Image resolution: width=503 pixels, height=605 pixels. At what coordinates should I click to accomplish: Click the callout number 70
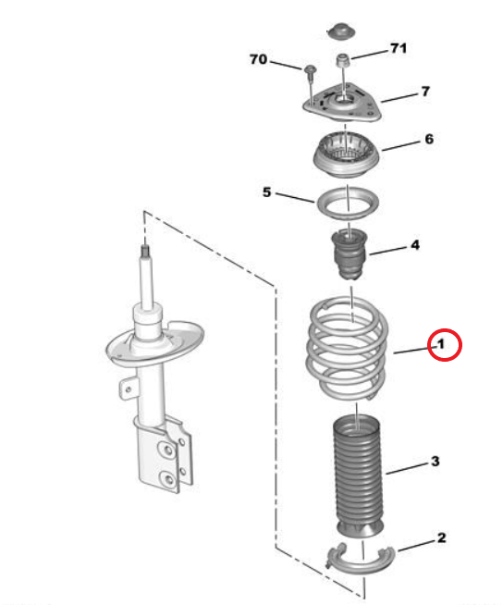(x=259, y=59)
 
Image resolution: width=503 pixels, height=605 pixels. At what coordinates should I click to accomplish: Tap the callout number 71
(x=399, y=48)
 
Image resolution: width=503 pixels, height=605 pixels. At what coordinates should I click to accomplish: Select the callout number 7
(x=425, y=92)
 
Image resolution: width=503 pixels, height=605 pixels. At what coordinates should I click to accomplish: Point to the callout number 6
(x=429, y=139)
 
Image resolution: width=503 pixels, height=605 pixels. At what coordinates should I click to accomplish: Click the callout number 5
(x=267, y=192)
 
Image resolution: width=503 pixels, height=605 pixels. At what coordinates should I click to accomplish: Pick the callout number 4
(x=414, y=245)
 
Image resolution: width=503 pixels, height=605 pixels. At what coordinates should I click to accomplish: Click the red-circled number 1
(x=440, y=344)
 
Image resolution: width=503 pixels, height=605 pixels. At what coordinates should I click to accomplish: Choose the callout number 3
(x=436, y=461)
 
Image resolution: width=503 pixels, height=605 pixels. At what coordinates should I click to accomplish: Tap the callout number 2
(x=442, y=537)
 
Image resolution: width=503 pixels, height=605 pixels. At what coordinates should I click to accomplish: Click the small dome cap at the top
(x=341, y=31)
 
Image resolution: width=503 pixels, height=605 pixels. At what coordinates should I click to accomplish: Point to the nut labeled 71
(x=342, y=60)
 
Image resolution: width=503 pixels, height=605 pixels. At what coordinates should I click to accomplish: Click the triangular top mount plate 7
(x=342, y=104)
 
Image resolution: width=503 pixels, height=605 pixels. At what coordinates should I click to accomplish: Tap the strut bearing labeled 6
(x=347, y=155)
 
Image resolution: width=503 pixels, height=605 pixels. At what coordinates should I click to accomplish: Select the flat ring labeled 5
(x=348, y=204)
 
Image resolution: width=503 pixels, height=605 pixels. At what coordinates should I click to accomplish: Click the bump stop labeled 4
(x=350, y=254)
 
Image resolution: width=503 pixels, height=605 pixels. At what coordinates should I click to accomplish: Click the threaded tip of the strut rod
(x=144, y=251)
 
